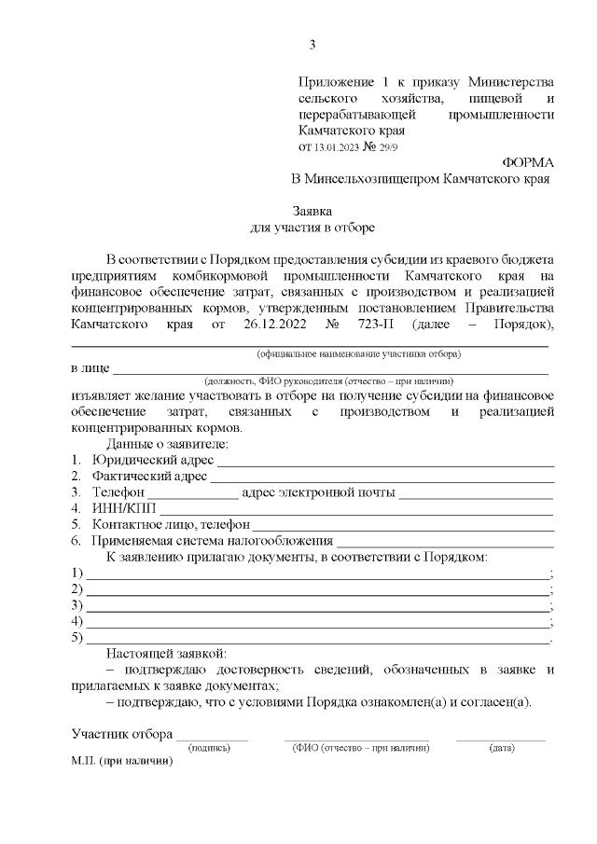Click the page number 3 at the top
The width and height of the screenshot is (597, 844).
coord(312,44)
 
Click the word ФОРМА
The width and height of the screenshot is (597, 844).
coord(528,161)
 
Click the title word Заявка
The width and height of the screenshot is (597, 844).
coord(312,211)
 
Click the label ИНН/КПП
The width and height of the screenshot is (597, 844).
coord(125,508)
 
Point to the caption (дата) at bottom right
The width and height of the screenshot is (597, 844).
coord(501,748)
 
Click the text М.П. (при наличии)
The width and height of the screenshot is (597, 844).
coord(122,762)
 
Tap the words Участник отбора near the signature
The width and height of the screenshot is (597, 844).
coord(121,733)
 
